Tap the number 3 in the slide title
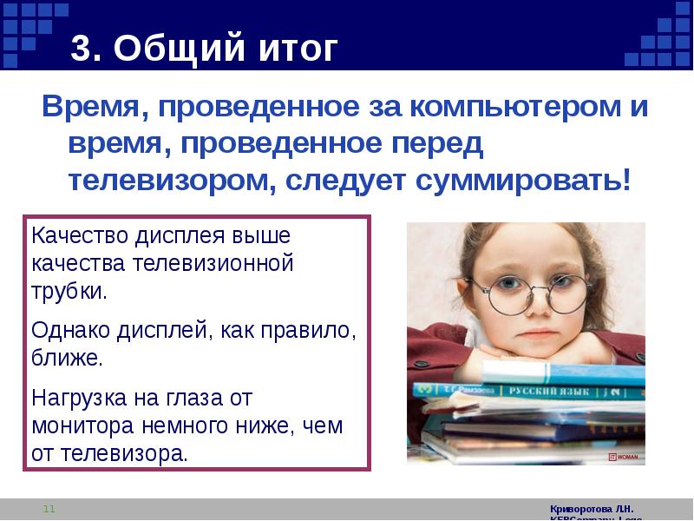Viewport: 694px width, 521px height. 81,49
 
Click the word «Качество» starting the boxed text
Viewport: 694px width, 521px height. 74,236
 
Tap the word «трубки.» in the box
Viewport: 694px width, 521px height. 69,290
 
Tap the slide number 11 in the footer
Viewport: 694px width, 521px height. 49,509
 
